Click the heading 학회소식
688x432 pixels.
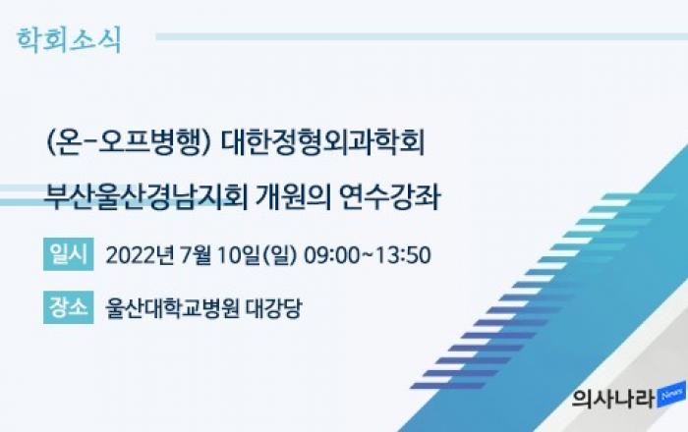click(69, 40)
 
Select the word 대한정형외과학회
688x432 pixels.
click(322, 142)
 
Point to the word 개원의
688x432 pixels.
click(292, 197)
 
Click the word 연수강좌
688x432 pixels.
click(390, 197)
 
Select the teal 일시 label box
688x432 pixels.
click(69, 254)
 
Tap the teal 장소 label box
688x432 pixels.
click(69, 307)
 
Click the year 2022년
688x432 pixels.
click(140, 255)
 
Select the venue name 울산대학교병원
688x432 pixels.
click(172, 308)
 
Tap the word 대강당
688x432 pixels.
click(274, 308)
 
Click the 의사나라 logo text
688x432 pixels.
click(613, 398)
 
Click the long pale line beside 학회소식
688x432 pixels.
click(422, 37)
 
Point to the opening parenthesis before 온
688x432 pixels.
click(49, 143)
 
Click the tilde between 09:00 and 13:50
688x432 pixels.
click(368, 255)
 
